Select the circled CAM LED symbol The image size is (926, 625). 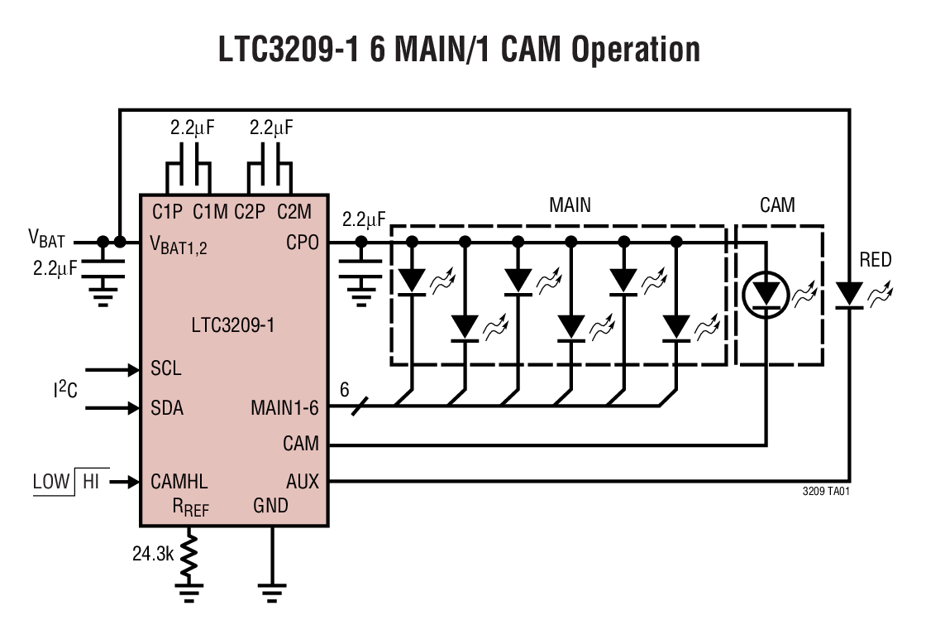(766, 294)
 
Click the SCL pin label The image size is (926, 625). (166, 368)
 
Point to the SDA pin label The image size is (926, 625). (167, 408)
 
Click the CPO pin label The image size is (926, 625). (302, 243)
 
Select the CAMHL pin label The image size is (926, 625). (179, 481)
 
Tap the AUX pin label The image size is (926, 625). (302, 481)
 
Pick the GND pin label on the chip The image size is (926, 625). (271, 504)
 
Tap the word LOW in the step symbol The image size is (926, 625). (51, 481)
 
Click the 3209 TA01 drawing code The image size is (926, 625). (826, 491)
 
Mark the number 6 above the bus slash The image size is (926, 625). (346, 389)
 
